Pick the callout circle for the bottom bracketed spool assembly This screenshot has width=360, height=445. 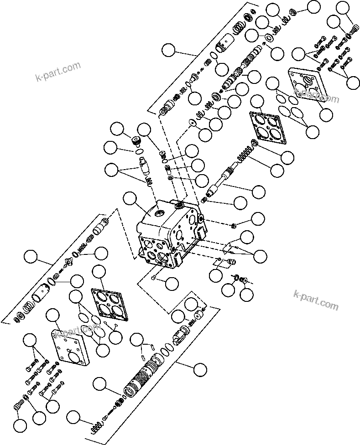[200, 369]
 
